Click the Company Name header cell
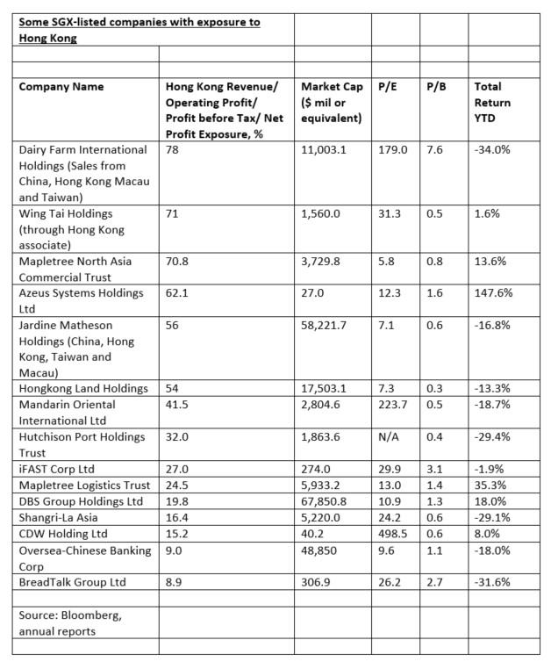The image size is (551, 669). pos(61,87)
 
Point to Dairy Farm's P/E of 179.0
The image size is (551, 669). pos(392,150)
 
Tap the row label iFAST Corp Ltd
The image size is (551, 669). pos(56,470)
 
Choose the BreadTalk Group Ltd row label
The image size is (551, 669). pos(72,582)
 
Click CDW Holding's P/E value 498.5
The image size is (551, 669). pos(392,534)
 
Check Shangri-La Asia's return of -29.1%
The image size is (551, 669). pos(492,518)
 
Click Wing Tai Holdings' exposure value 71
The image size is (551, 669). pos(172,213)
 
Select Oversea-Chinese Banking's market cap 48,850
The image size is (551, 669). pos(320,550)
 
